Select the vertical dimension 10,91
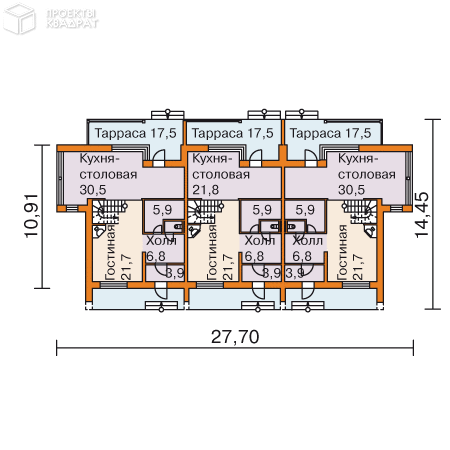pyautogui.click(x=31, y=227)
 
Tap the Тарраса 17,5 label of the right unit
pyautogui.click(x=328, y=133)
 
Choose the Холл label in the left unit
pyautogui.click(x=160, y=241)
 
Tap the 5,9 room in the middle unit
pyautogui.click(x=263, y=211)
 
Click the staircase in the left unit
pyautogui.click(x=105, y=211)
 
